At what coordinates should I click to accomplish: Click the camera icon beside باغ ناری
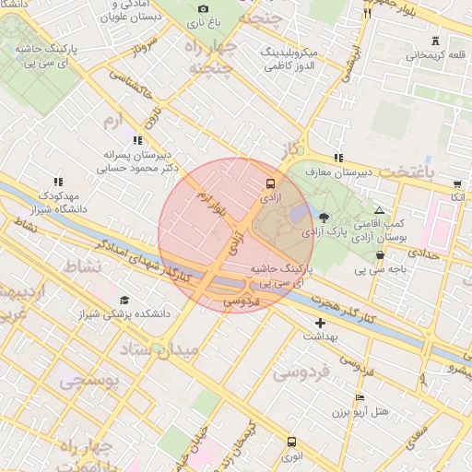point(204,8)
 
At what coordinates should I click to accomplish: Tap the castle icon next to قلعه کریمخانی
point(435,41)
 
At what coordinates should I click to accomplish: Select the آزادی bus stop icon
point(270,183)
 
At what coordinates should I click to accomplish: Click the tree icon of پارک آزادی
point(324,218)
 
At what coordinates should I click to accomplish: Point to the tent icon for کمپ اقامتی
point(379,210)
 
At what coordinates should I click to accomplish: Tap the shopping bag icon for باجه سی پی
point(380,255)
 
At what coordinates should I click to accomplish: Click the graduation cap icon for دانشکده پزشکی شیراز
point(124,300)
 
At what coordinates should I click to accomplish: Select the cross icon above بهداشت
point(320,323)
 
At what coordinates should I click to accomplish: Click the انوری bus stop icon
point(292,442)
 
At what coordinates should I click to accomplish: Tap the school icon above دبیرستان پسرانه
point(137,140)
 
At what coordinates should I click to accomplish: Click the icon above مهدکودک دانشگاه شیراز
point(59,183)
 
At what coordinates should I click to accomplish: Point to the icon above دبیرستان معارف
point(338,158)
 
